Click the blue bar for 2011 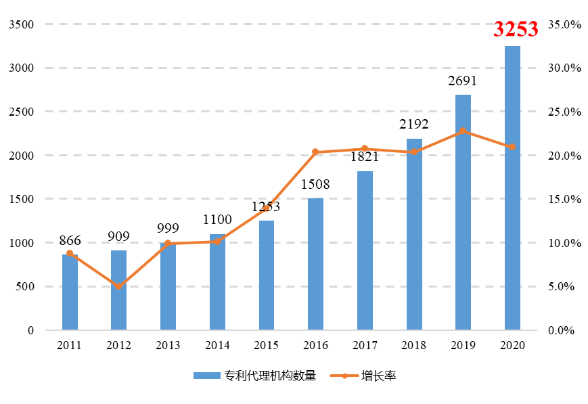70,292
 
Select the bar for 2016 315,264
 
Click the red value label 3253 516,29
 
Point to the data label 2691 463,81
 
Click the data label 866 70,240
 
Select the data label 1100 217,219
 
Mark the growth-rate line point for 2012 118,286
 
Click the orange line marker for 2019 463,131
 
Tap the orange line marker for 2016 315,152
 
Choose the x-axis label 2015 266,345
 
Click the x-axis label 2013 168,345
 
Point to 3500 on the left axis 21,24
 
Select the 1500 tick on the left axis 21,199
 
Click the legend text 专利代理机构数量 270,376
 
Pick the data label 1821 365,157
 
